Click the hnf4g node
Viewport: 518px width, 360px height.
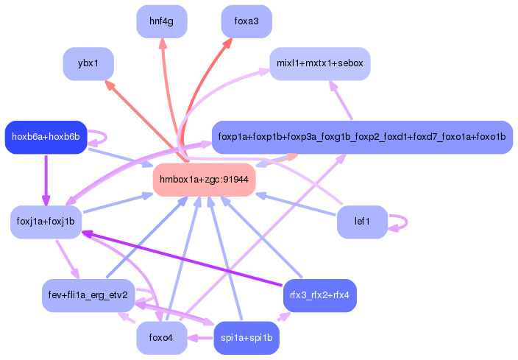click(161, 21)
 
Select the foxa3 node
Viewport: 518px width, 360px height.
click(246, 21)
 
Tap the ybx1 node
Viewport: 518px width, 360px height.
click(88, 64)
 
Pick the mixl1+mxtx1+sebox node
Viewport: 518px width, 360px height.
click(319, 64)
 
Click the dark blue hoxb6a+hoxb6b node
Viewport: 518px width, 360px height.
click(46, 137)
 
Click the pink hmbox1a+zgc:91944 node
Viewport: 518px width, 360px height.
click(204, 180)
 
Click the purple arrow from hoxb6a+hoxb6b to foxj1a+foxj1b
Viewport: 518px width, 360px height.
click(46, 180)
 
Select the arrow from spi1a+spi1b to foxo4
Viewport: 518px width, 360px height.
click(200, 339)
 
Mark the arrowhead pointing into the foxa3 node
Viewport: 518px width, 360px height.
click(227, 43)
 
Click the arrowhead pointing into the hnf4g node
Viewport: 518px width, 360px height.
click(163, 43)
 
